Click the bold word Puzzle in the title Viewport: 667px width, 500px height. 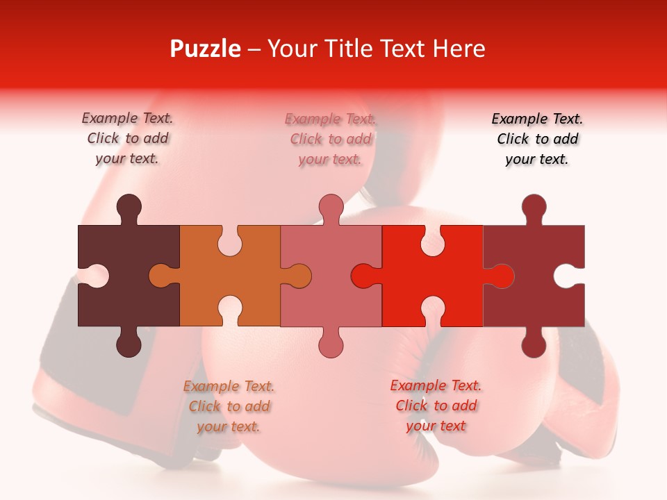click(205, 49)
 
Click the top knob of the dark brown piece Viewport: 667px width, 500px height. click(129, 206)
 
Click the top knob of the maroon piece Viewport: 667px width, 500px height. click(534, 206)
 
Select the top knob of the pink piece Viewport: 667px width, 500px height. click(331, 206)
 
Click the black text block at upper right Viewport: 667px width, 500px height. click(537, 139)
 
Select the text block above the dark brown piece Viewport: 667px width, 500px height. click(127, 138)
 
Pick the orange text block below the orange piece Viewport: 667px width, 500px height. click(229, 406)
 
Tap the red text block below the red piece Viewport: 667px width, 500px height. click(436, 406)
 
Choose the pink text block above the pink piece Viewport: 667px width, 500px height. click(330, 139)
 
